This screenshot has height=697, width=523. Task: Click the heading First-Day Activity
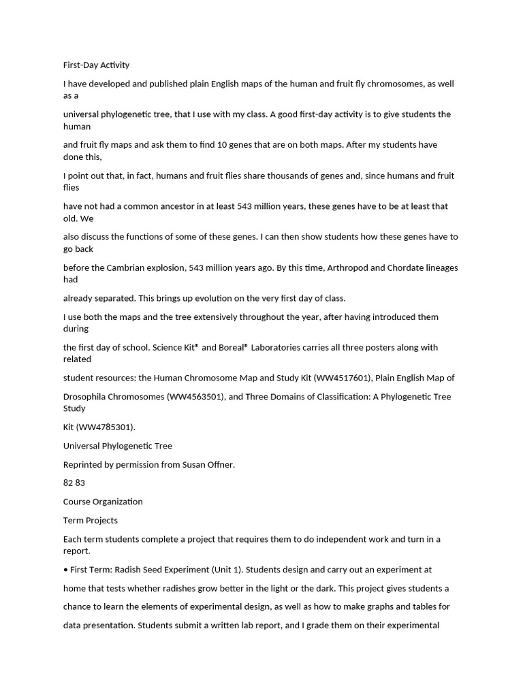96,65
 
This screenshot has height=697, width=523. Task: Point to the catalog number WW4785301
107,427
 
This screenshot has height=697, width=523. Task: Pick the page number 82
69,483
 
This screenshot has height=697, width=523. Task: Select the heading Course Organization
103,502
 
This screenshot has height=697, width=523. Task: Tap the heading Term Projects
91,521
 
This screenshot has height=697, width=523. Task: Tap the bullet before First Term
65,570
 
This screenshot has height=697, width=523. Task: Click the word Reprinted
84,465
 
